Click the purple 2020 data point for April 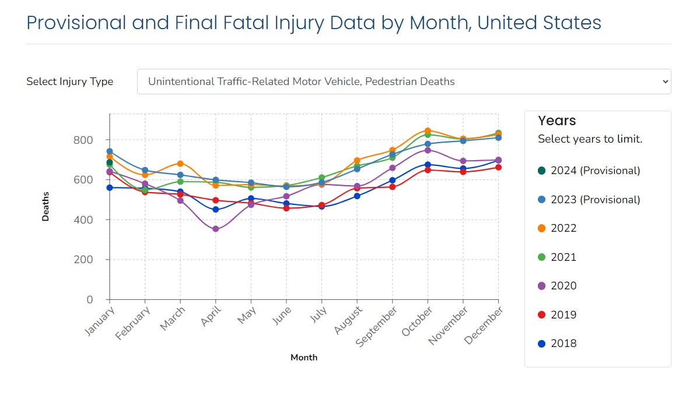tap(216, 229)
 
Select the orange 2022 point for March tap(180, 164)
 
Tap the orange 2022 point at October tap(428, 131)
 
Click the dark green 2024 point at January tap(110, 162)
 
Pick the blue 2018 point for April tap(216, 210)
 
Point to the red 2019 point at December tap(498, 167)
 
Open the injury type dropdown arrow tap(665, 82)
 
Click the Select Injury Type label tap(69, 82)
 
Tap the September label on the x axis tap(377, 327)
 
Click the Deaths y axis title tap(45, 206)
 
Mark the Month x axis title tap(304, 357)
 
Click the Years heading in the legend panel tap(556, 121)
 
